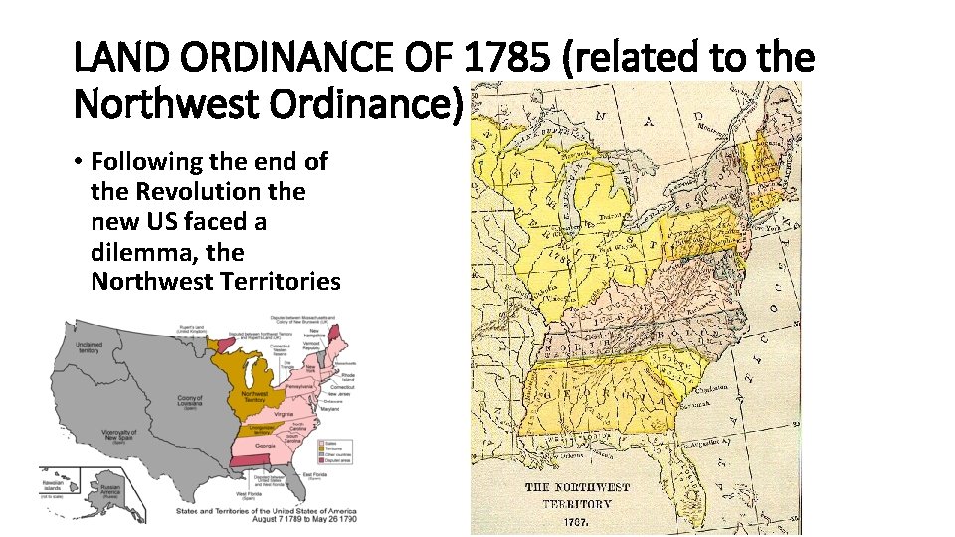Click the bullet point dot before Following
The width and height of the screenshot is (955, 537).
80,162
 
